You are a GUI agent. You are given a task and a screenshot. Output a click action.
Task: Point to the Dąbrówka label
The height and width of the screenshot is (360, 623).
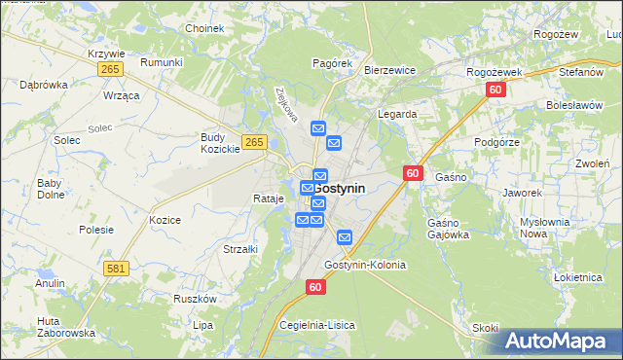tap(44, 85)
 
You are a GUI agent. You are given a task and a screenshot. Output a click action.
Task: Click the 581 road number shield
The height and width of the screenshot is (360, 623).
tap(117, 268)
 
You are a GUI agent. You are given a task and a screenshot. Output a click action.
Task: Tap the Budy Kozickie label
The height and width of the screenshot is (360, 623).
tap(220, 143)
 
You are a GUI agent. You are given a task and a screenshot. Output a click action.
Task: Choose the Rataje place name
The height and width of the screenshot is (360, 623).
tap(268, 198)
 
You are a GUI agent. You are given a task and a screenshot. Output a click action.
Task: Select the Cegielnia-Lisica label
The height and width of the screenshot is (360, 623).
tap(317, 324)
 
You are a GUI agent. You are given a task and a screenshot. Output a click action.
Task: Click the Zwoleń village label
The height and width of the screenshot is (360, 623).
tap(592, 163)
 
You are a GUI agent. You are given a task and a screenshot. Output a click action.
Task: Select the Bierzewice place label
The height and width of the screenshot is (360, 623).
tap(389, 70)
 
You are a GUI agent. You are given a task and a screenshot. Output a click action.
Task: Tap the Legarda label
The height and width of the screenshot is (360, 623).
tap(397, 114)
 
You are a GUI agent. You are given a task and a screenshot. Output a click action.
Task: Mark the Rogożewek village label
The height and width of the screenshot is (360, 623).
tap(495, 72)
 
